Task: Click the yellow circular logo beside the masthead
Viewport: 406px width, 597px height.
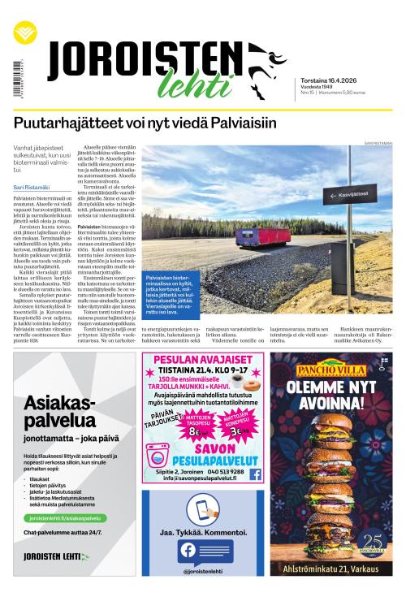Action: tap(24, 35)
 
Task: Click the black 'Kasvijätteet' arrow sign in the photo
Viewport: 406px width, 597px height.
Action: tap(350, 195)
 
